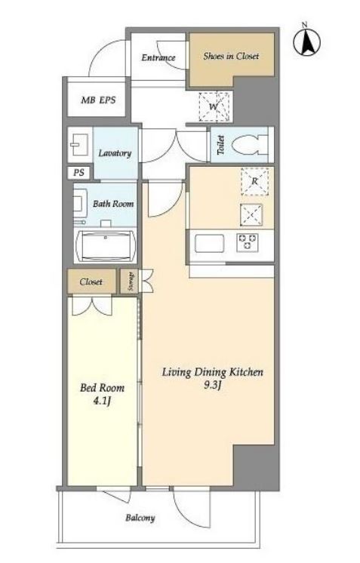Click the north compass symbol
306,42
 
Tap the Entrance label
158,57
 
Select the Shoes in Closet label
231,56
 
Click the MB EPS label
98,100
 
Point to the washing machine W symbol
214,106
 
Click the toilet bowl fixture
250,146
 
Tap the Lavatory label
115,153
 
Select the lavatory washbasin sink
80,145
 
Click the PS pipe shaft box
79,173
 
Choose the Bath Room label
113,204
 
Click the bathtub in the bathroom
105,246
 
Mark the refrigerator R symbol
254,181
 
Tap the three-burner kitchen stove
248,242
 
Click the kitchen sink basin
209,244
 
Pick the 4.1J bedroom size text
102,401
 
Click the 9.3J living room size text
213,386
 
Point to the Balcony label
140,518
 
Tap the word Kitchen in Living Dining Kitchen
246,372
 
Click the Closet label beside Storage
91,281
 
